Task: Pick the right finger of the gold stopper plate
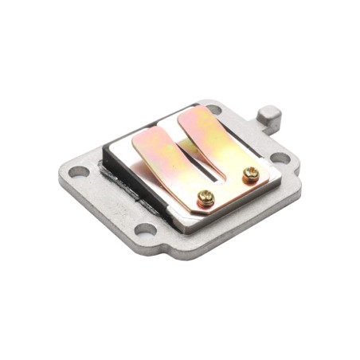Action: (x=209, y=135)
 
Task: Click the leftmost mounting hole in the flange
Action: (x=78, y=171)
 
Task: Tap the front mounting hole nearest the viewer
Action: (x=144, y=231)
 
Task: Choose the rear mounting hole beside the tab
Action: (x=213, y=110)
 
